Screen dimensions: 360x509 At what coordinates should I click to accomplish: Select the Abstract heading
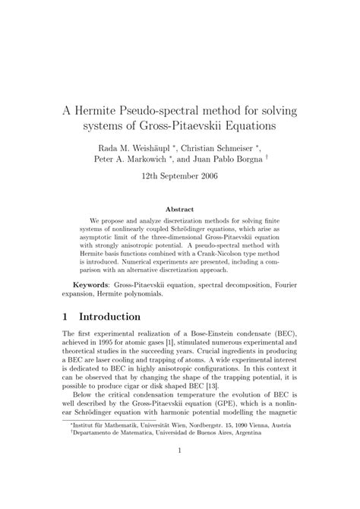click(179, 209)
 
